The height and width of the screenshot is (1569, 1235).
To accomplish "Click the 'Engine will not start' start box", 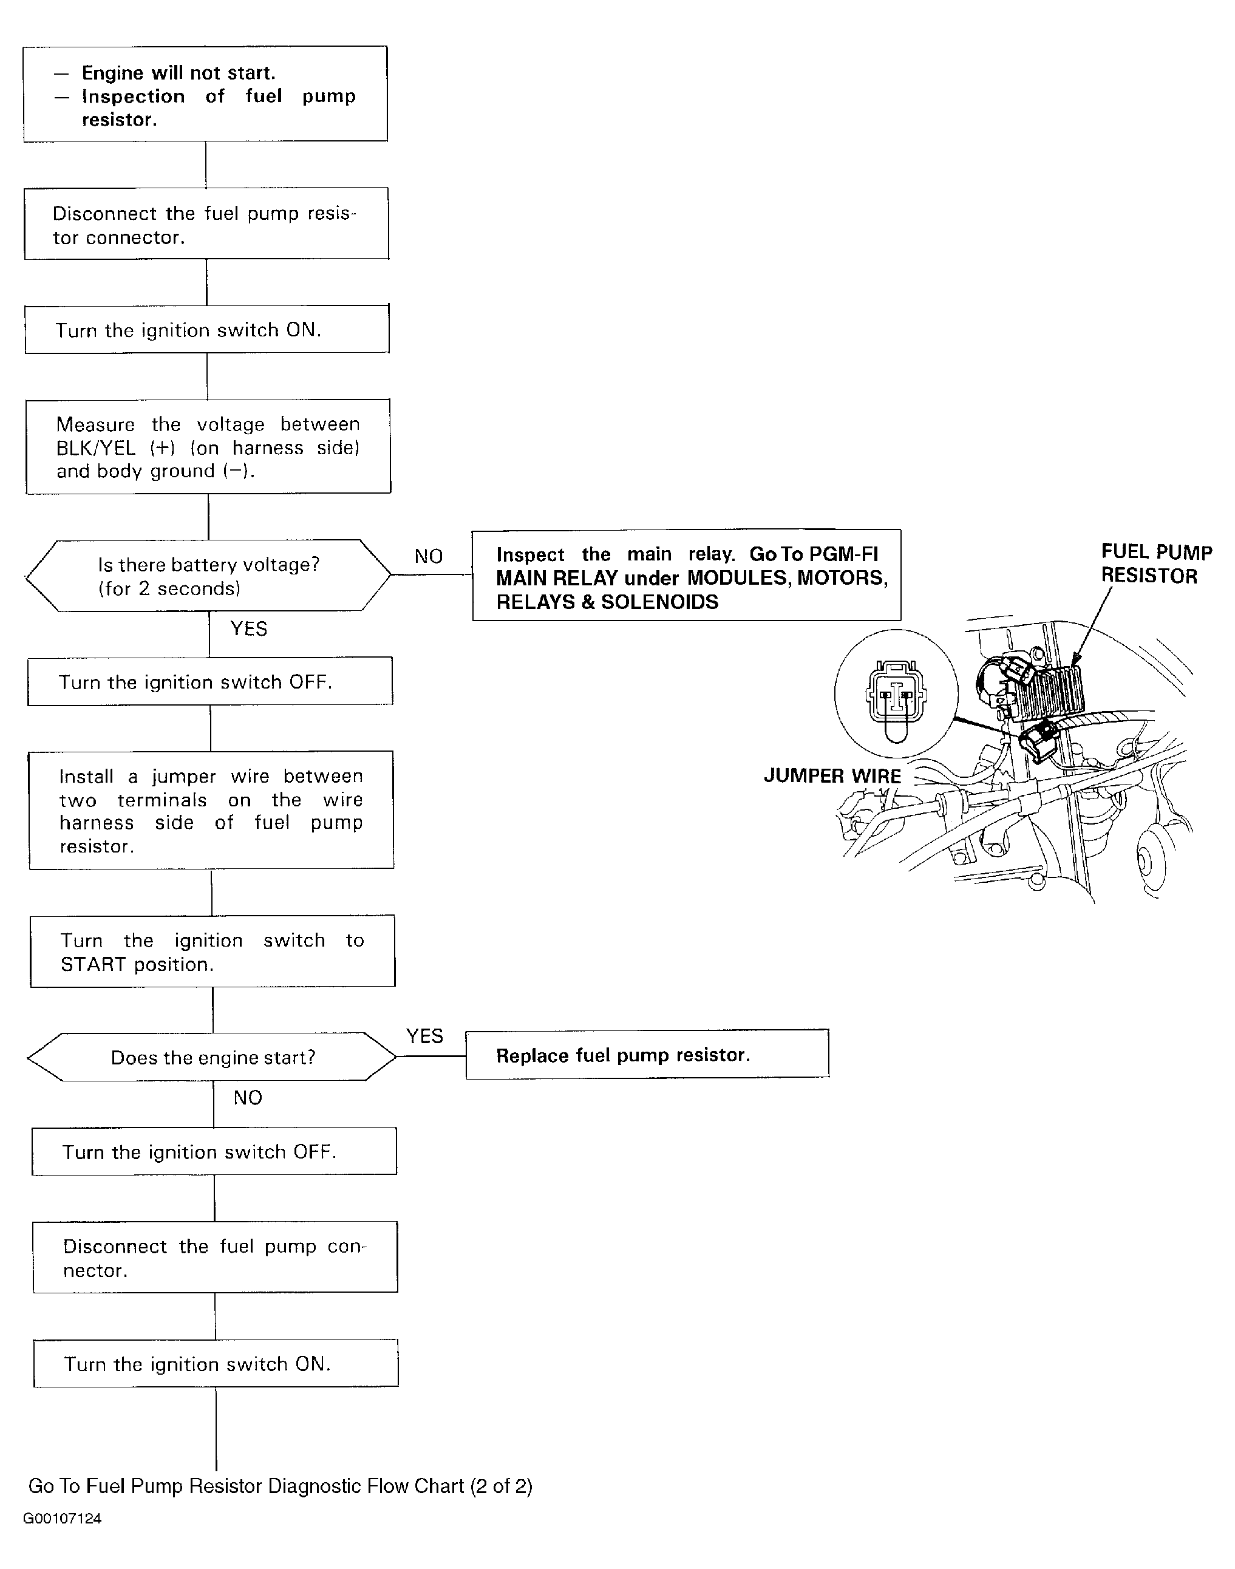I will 205,94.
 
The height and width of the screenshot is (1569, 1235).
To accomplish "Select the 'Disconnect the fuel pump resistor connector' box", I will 206,223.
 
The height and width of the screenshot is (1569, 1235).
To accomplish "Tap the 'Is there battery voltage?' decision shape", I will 208,576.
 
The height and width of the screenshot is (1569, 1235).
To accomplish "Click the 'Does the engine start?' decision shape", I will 213,1057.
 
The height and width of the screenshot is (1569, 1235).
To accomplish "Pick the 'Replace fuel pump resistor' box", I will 647,1055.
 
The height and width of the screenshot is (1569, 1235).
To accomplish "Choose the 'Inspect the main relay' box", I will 686,576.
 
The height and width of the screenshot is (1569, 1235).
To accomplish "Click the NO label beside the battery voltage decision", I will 428,556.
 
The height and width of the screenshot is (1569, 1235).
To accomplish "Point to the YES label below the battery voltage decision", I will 249,628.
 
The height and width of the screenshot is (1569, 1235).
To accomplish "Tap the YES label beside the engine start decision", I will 424,1036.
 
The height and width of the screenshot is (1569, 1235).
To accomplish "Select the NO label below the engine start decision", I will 247,1098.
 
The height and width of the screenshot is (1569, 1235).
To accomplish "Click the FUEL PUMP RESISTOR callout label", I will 1155,564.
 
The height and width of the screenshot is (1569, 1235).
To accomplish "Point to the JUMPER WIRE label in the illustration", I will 832,776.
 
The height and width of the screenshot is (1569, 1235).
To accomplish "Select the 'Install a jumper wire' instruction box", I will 211,810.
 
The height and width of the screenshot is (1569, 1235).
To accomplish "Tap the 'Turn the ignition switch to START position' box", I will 213,951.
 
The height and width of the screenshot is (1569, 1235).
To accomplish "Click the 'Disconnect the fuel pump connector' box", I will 215,1258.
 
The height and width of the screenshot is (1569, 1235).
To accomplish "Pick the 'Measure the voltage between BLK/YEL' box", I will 208,447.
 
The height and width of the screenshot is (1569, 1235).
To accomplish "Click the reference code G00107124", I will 62,1519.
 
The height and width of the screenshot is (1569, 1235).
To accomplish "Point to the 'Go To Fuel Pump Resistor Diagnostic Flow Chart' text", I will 280,1486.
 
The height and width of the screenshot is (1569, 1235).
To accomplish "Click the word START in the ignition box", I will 92,965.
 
